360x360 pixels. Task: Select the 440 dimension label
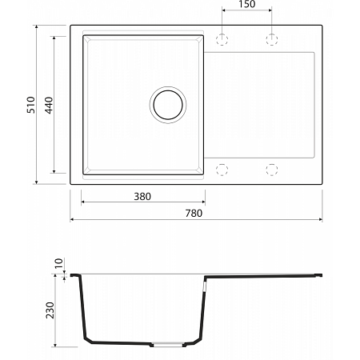pos(49,104)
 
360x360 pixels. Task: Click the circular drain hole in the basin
pos(168,105)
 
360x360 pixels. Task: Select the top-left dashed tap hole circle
pos(224,38)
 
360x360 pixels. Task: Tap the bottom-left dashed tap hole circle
pos(224,169)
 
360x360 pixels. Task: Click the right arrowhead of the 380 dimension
pos(202,202)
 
